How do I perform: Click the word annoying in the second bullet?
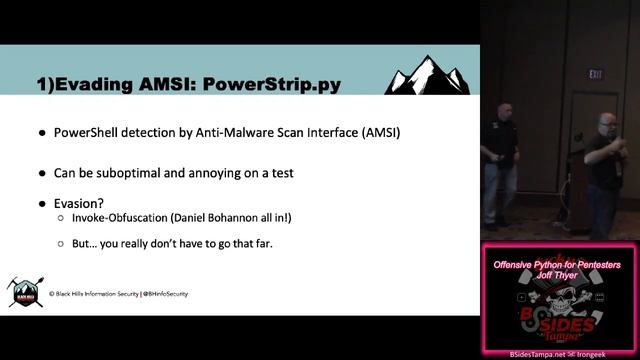(x=229, y=172)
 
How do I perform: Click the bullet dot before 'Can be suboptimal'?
(x=42, y=172)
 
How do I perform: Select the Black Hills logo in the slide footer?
(x=23, y=291)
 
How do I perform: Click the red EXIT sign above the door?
(x=597, y=73)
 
